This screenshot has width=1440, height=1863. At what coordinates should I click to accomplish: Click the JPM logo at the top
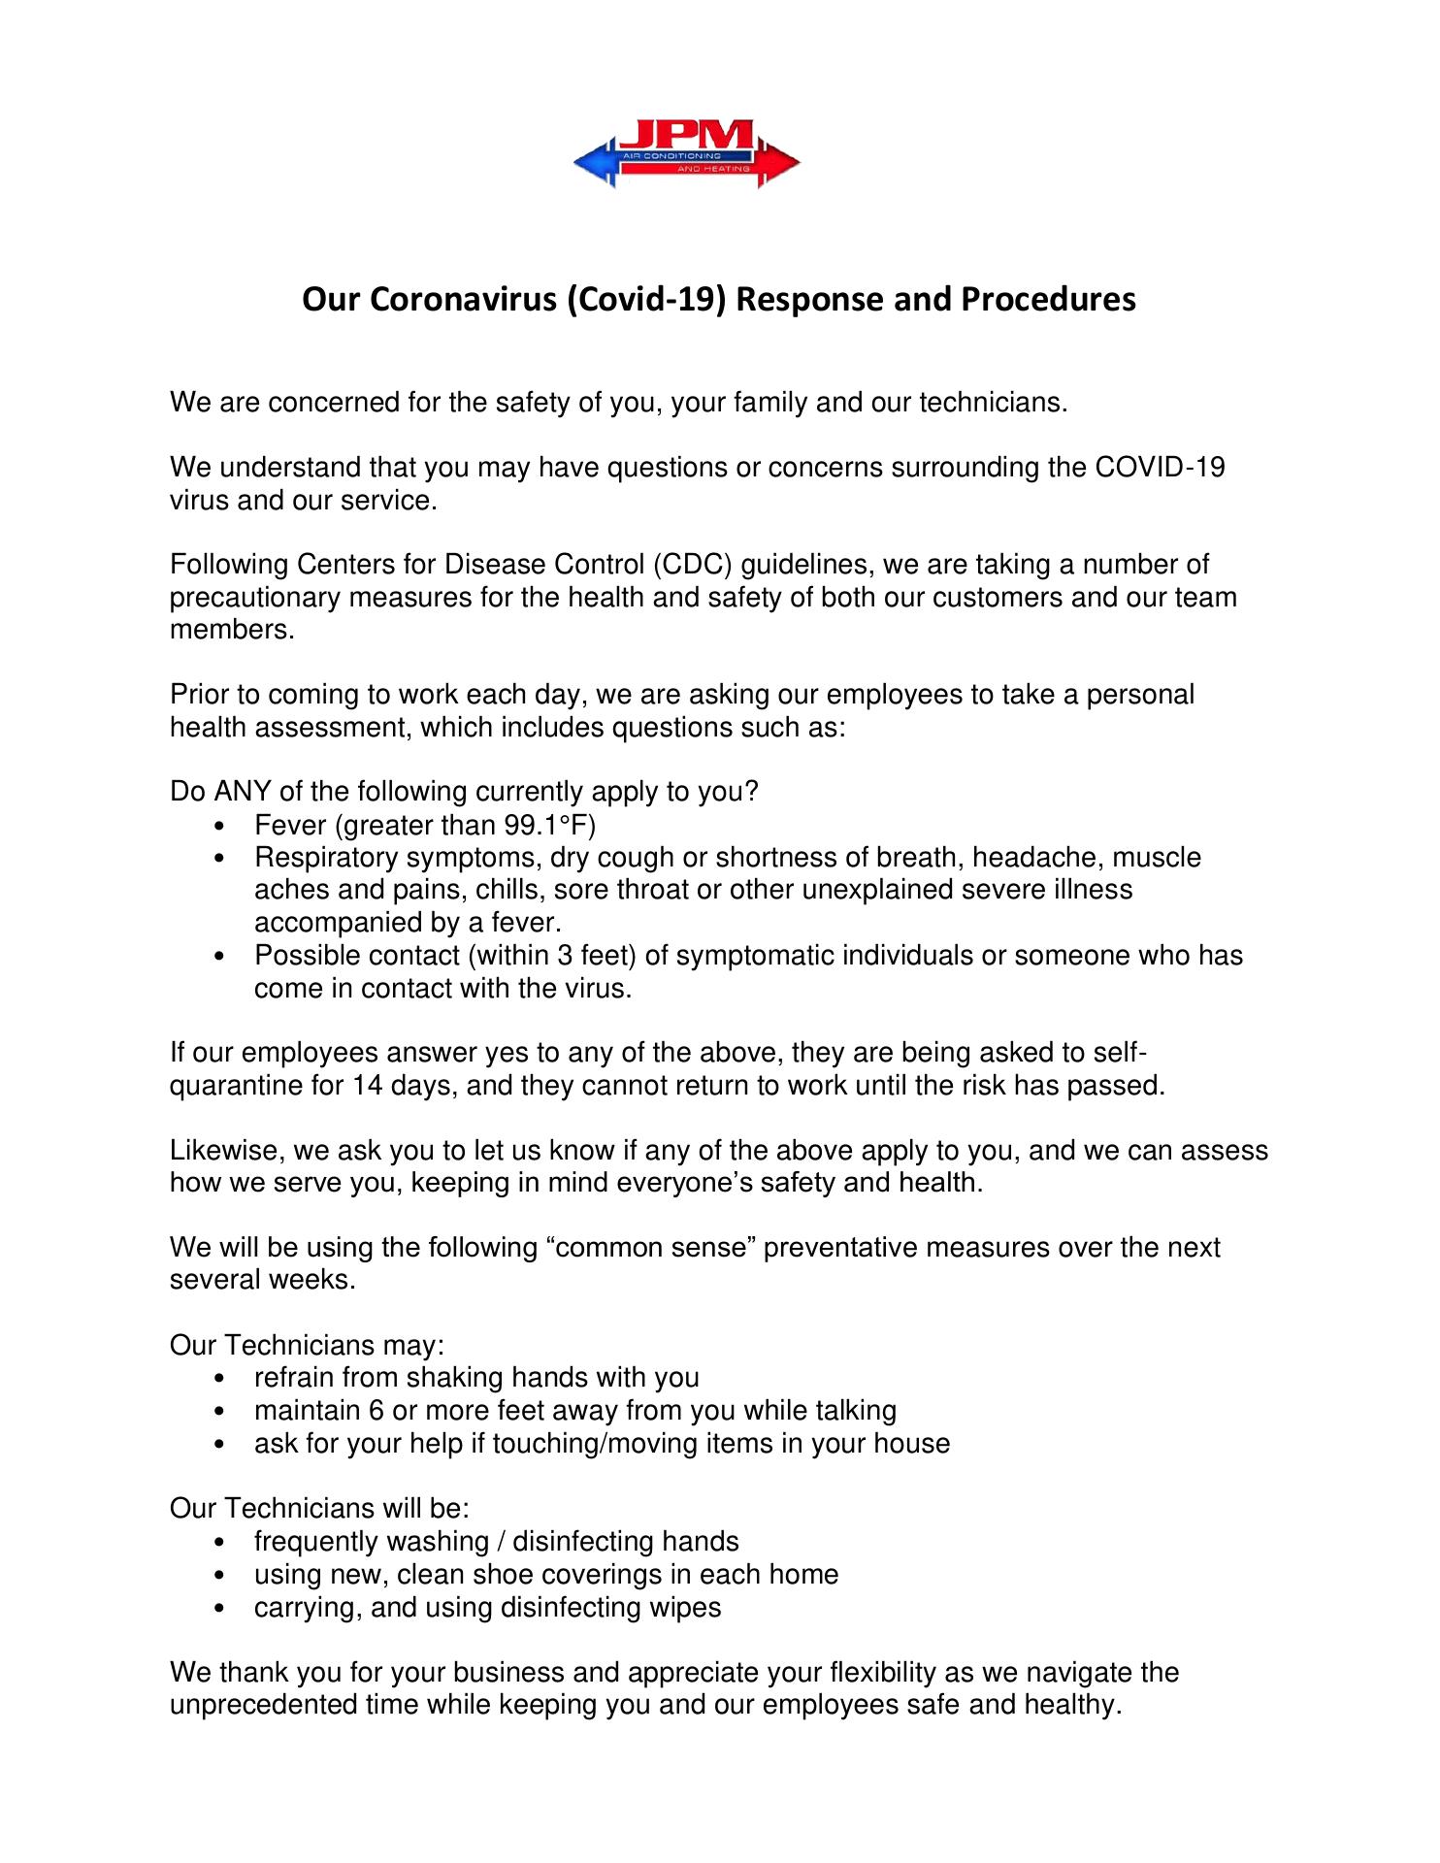pos(687,153)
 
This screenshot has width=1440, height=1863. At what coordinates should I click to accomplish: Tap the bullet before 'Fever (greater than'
pos(224,828)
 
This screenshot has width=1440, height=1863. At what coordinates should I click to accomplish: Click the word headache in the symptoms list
pos(1034,858)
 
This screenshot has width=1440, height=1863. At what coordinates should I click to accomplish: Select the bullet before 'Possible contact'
pos(224,958)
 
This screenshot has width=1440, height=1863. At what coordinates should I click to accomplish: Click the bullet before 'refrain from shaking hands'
pos(224,1380)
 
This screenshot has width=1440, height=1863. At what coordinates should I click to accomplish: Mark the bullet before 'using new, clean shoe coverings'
pos(224,1576)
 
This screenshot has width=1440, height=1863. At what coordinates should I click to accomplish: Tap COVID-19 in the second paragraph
pos(1160,468)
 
